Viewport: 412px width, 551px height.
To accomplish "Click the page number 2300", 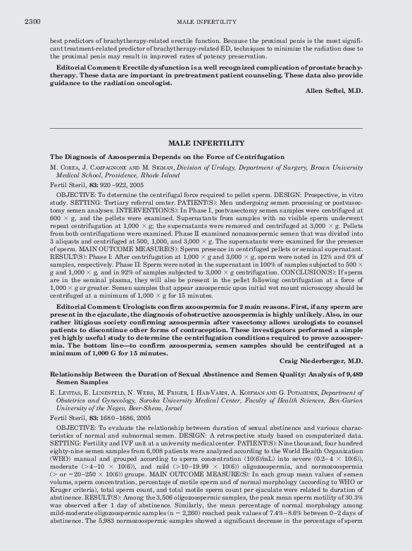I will [32, 22].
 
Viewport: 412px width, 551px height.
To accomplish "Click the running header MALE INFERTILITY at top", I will [206, 22].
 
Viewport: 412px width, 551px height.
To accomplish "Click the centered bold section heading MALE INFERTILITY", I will [206, 143].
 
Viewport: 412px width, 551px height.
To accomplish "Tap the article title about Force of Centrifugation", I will [167, 156].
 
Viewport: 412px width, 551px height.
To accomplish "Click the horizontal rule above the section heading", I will [206, 129].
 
